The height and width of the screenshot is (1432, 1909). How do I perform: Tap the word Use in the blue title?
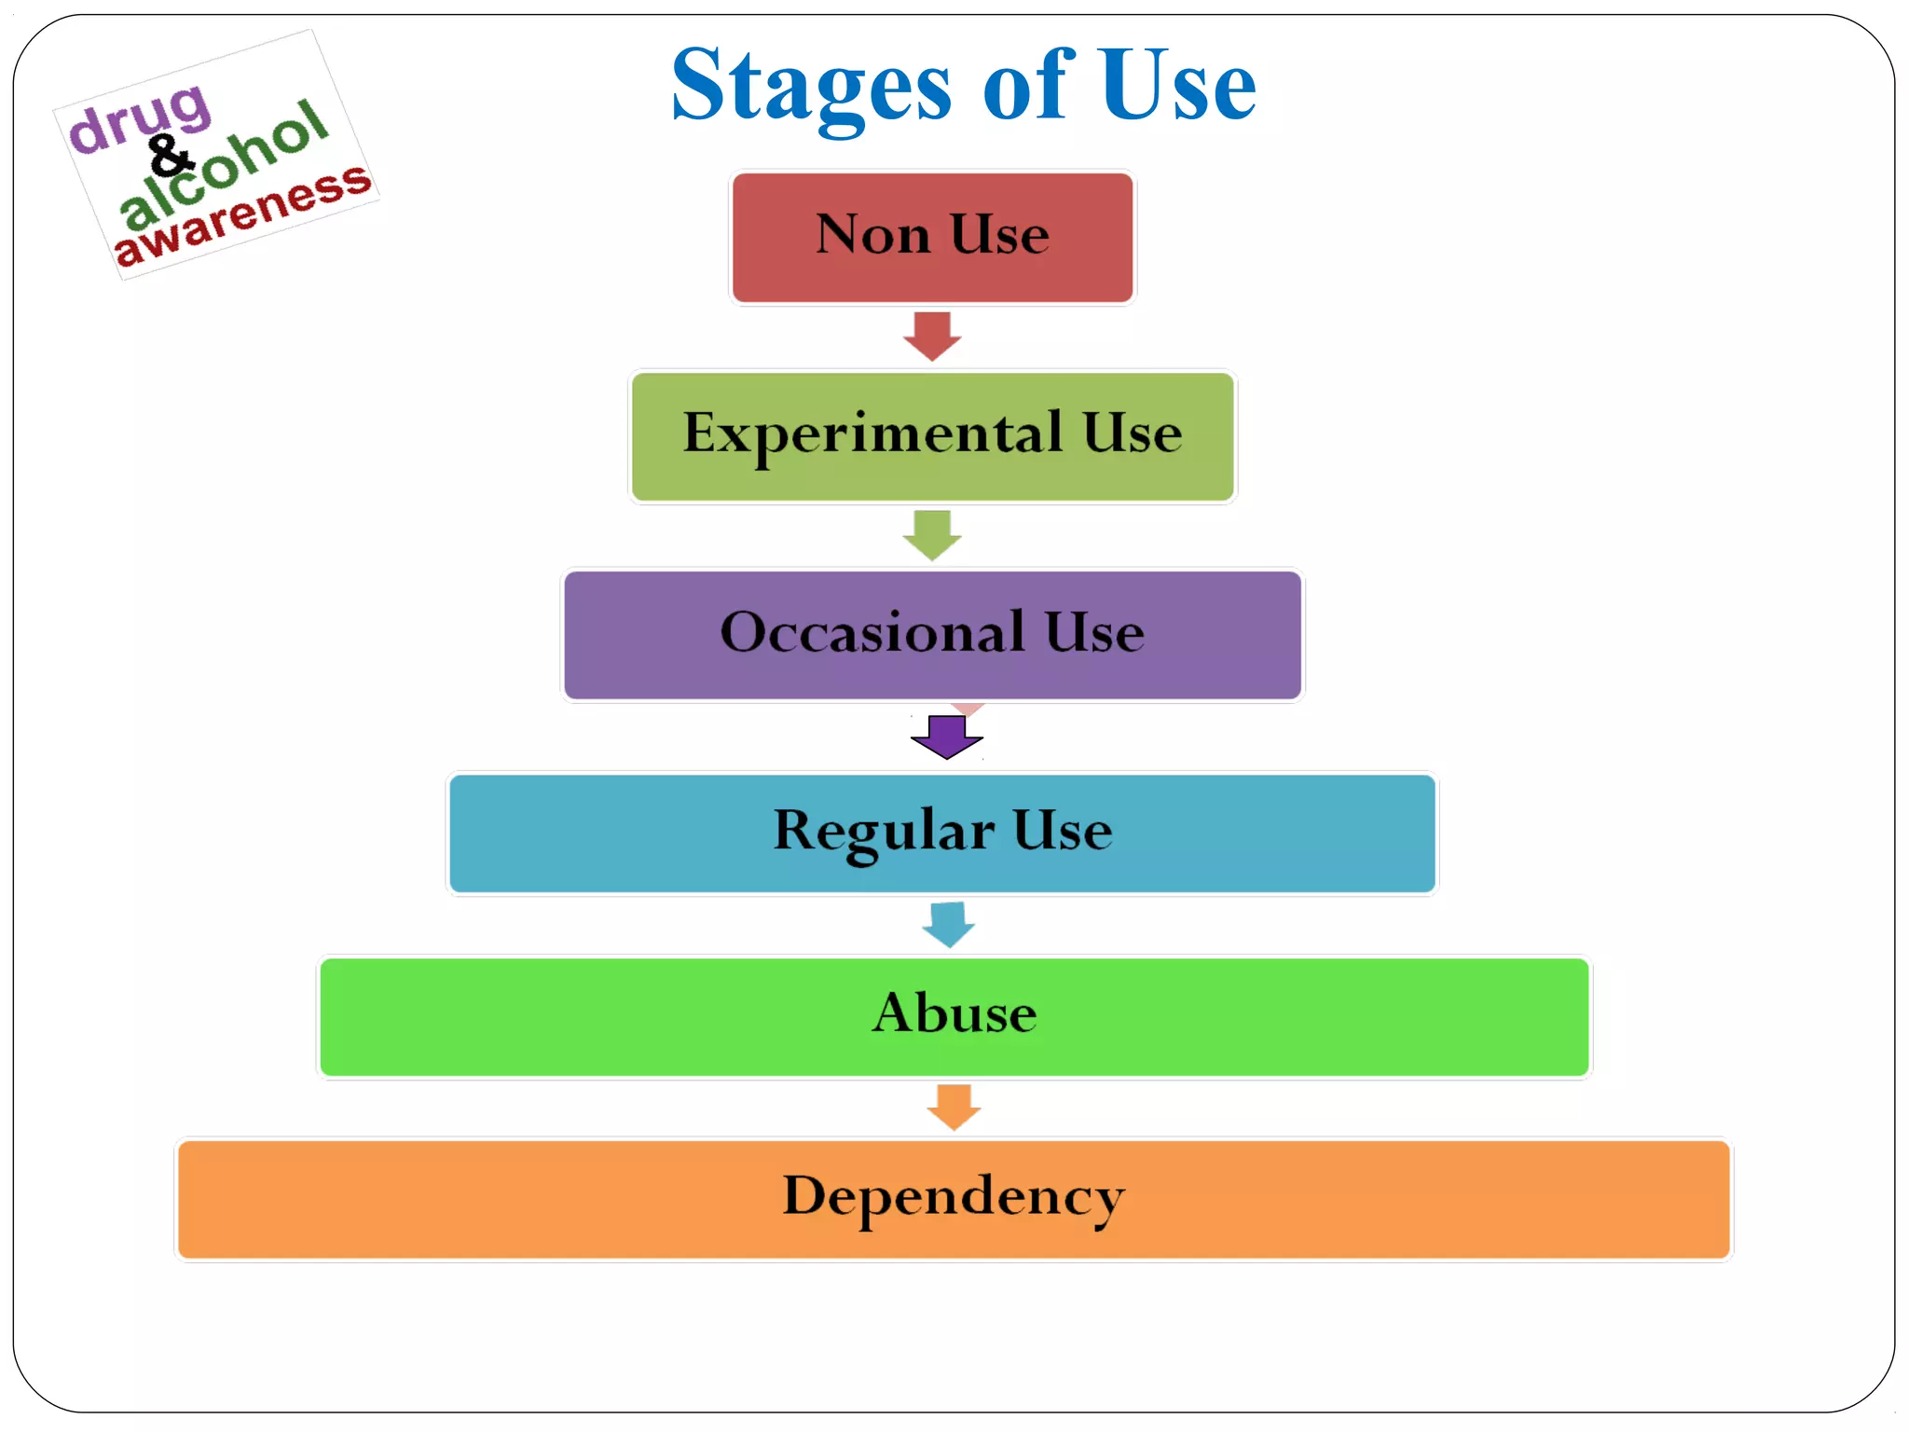coord(1176,86)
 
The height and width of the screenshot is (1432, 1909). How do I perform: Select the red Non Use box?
coord(932,237)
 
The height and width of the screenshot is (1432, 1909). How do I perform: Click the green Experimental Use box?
coord(932,436)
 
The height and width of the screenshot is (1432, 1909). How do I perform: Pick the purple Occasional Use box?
coord(932,634)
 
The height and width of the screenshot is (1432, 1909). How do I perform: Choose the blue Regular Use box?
coord(941,833)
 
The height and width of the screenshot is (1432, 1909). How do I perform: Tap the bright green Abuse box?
coord(954,1016)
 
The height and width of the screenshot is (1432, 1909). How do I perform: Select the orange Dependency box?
coord(954,1199)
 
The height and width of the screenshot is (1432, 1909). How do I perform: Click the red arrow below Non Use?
coord(932,337)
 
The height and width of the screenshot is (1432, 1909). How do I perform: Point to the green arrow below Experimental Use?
coord(932,535)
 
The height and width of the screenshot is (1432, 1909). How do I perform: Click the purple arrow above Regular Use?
coord(947,737)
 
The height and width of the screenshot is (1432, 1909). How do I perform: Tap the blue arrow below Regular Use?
coord(949,924)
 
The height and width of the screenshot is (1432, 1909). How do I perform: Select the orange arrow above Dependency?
coord(954,1107)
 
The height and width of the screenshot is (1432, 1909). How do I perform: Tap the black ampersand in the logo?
coord(170,156)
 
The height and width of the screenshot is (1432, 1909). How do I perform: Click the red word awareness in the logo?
coord(242,214)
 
